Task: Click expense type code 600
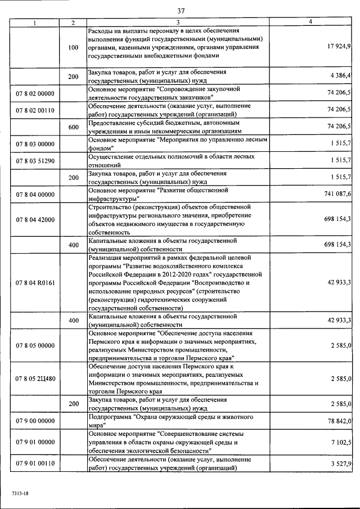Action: (73, 127)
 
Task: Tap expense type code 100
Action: (73, 48)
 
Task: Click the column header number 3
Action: (178, 22)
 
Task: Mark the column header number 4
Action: (310, 22)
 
